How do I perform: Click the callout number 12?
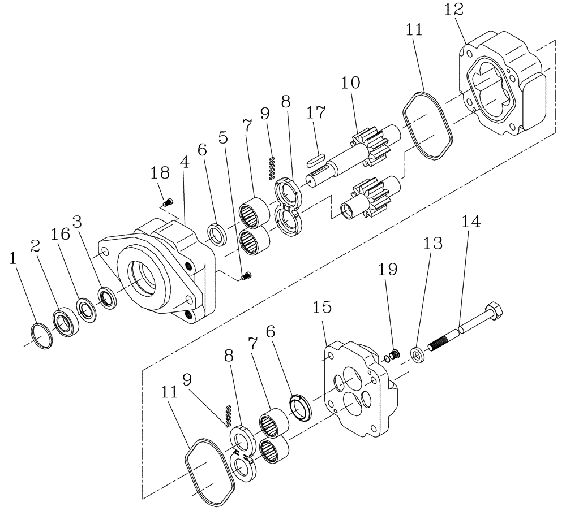(454, 10)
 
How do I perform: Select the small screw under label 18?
(168, 201)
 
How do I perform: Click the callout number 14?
(471, 222)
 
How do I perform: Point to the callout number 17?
(316, 114)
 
